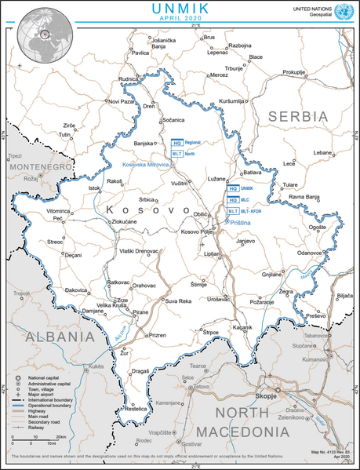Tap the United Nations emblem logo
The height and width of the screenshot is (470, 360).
pos(342,11)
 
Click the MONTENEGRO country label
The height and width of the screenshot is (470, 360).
pos(39,167)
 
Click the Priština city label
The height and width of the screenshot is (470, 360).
pos(241,223)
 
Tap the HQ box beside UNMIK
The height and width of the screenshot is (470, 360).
pos(232,189)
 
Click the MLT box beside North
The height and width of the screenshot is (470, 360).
pos(177,155)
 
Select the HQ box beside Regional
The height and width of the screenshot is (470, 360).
pos(177,144)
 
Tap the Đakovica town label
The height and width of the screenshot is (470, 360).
pos(54,290)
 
